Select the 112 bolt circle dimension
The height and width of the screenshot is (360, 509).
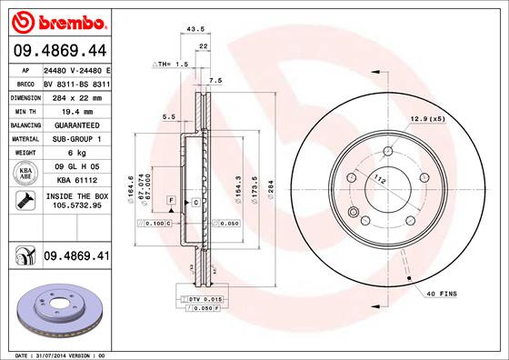point(379,181)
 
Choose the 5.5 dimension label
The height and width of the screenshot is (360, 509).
point(168,116)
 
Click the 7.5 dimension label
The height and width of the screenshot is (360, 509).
point(215,82)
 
